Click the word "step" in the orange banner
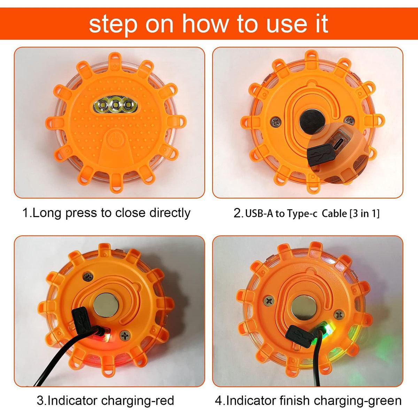point(113,24)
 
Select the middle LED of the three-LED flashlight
point(116,106)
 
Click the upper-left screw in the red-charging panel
point(88,277)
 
